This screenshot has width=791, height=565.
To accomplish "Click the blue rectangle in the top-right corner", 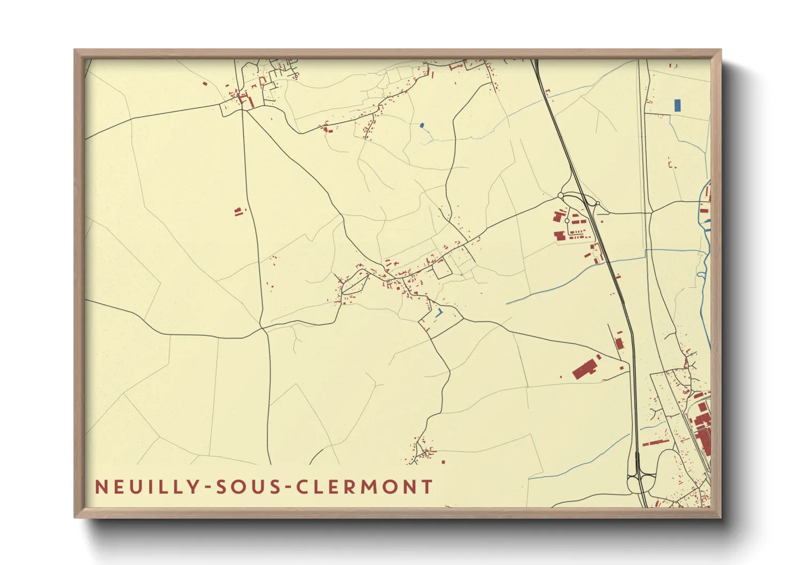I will pyautogui.click(x=678, y=105).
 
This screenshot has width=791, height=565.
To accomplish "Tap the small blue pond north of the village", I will pyautogui.click(x=422, y=126).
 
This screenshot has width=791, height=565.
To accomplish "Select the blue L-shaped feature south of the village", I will pyautogui.click(x=439, y=313).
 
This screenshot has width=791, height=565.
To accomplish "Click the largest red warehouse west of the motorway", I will pyautogui.click(x=584, y=369).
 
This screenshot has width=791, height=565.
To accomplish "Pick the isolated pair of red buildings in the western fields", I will pyautogui.click(x=238, y=212).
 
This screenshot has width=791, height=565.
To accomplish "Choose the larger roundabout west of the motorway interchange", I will pyautogui.click(x=561, y=196).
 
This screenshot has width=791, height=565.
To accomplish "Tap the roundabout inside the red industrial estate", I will pyautogui.click(x=567, y=221).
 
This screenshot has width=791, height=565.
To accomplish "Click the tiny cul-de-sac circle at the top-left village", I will pyautogui.click(x=296, y=77).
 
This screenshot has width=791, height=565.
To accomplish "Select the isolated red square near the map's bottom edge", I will pyautogui.click(x=443, y=462).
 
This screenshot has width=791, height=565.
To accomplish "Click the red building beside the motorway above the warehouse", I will pyautogui.click(x=619, y=343).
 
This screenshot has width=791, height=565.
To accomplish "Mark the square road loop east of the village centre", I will pyautogui.click(x=441, y=269).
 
